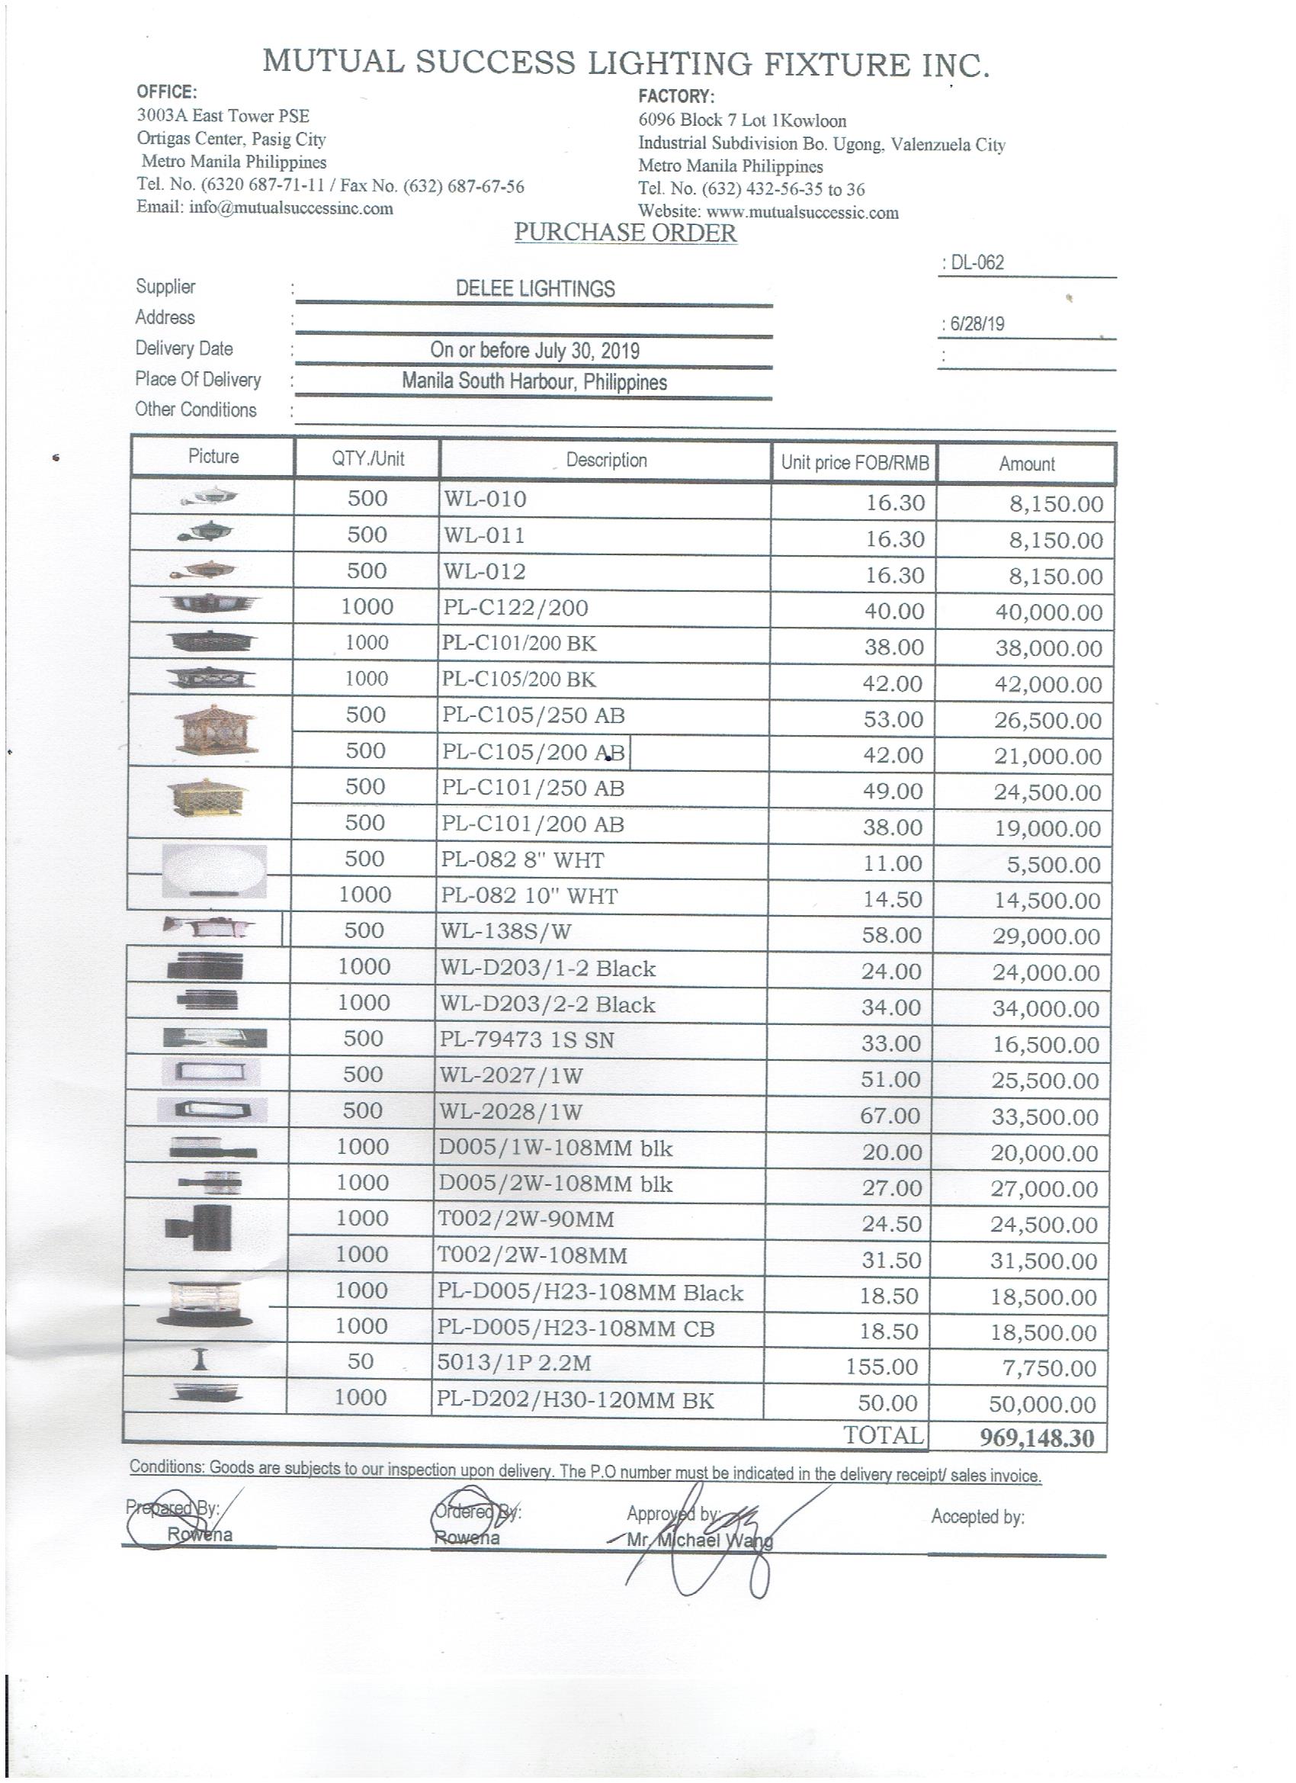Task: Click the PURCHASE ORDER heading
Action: pyautogui.click(x=625, y=233)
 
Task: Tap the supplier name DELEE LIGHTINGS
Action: pyautogui.click(x=535, y=288)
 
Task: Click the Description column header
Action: pyautogui.click(x=606, y=460)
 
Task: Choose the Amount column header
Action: pyautogui.click(x=1026, y=464)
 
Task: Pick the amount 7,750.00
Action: pyautogui.click(x=1048, y=1369)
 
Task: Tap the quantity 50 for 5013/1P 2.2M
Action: pyautogui.click(x=361, y=1361)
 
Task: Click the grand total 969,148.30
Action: pyautogui.click(x=1036, y=1438)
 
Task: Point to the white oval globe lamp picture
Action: pyautogui.click(x=213, y=870)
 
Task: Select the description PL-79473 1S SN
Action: pyautogui.click(x=527, y=1040)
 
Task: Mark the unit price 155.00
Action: pyautogui.click(x=882, y=1367)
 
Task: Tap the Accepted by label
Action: pyautogui.click(x=977, y=1517)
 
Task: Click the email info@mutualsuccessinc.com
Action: pyautogui.click(x=265, y=208)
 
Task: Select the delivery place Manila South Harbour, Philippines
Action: pyautogui.click(x=534, y=382)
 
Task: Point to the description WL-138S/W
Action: pyautogui.click(x=505, y=932)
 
